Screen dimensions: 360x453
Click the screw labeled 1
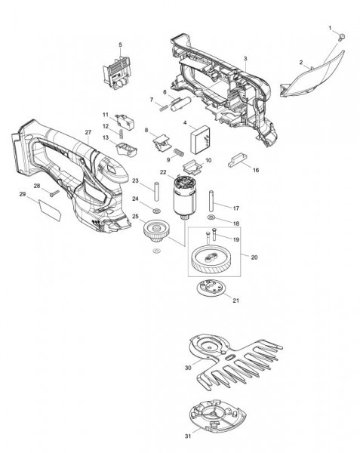pos(343,37)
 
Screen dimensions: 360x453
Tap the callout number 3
pos(245,59)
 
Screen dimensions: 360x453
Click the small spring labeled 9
pos(178,153)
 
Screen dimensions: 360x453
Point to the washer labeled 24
pos(157,211)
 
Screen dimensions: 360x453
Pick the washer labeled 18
pos(211,217)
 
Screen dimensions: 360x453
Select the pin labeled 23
pos(156,191)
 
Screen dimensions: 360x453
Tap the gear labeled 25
pos(156,230)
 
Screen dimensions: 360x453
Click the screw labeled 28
pos(54,193)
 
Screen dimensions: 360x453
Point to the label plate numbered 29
pos(50,209)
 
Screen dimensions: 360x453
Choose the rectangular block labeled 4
pos(199,140)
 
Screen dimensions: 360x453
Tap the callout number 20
pos(254,257)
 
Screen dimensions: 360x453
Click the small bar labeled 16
pos(238,161)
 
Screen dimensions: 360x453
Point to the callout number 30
pos(188,368)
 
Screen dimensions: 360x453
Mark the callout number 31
pos(188,436)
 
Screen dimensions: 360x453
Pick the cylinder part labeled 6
pos(180,103)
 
